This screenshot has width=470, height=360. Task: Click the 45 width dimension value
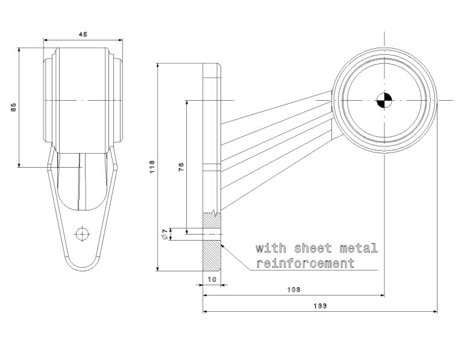point(83,34)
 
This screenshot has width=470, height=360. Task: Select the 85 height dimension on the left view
point(13,107)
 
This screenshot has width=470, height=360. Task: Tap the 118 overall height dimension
point(152,166)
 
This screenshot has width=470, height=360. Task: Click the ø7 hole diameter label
point(164,233)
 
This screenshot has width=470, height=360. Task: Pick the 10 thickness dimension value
point(211,279)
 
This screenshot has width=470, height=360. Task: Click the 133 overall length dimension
point(320,306)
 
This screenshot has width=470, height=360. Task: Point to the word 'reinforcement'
point(305,264)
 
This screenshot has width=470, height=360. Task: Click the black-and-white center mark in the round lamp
point(384,100)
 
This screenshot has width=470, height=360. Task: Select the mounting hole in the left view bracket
point(82,233)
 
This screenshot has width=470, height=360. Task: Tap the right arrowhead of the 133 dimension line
point(434,312)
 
